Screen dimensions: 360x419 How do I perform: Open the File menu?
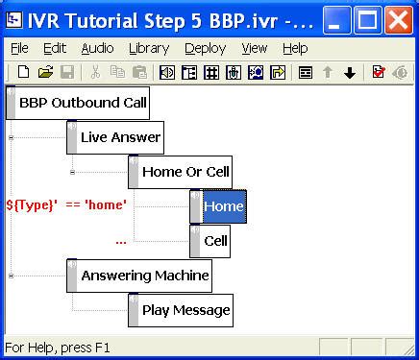(19, 48)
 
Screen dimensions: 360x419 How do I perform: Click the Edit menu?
(55, 48)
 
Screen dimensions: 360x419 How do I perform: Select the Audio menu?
(97, 48)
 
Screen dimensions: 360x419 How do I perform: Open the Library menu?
(148, 48)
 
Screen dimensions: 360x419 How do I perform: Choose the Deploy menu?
(205, 48)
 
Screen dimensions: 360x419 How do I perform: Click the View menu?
(255, 48)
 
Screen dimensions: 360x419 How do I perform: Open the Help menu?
(295, 48)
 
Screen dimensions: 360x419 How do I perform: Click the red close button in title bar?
(398, 17)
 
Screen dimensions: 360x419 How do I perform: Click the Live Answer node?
(120, 137)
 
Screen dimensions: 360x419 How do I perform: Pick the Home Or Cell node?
(185, 172)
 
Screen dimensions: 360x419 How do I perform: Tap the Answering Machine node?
(144, 276)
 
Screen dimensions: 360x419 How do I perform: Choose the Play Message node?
(185, 310)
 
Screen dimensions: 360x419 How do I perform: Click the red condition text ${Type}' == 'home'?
(66, 204)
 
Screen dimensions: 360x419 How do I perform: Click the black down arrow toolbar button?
(350, 72)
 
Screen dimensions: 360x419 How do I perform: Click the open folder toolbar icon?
(45, 72)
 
